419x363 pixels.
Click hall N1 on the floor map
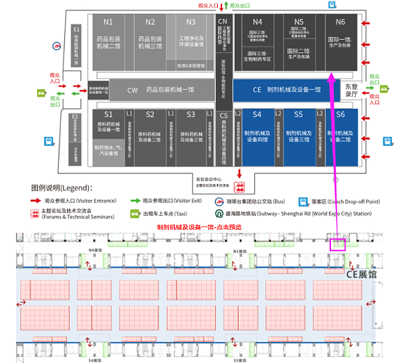(x=108, y=41)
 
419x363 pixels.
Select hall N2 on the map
(x=149, y=41)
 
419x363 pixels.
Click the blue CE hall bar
(x=286, y=90)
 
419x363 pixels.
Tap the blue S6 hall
(x=340, y=137)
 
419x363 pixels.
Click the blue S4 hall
(x=257, y=137)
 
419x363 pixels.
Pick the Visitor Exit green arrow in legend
(x=135, y=201)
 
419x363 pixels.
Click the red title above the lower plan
(x=200, y=227)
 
